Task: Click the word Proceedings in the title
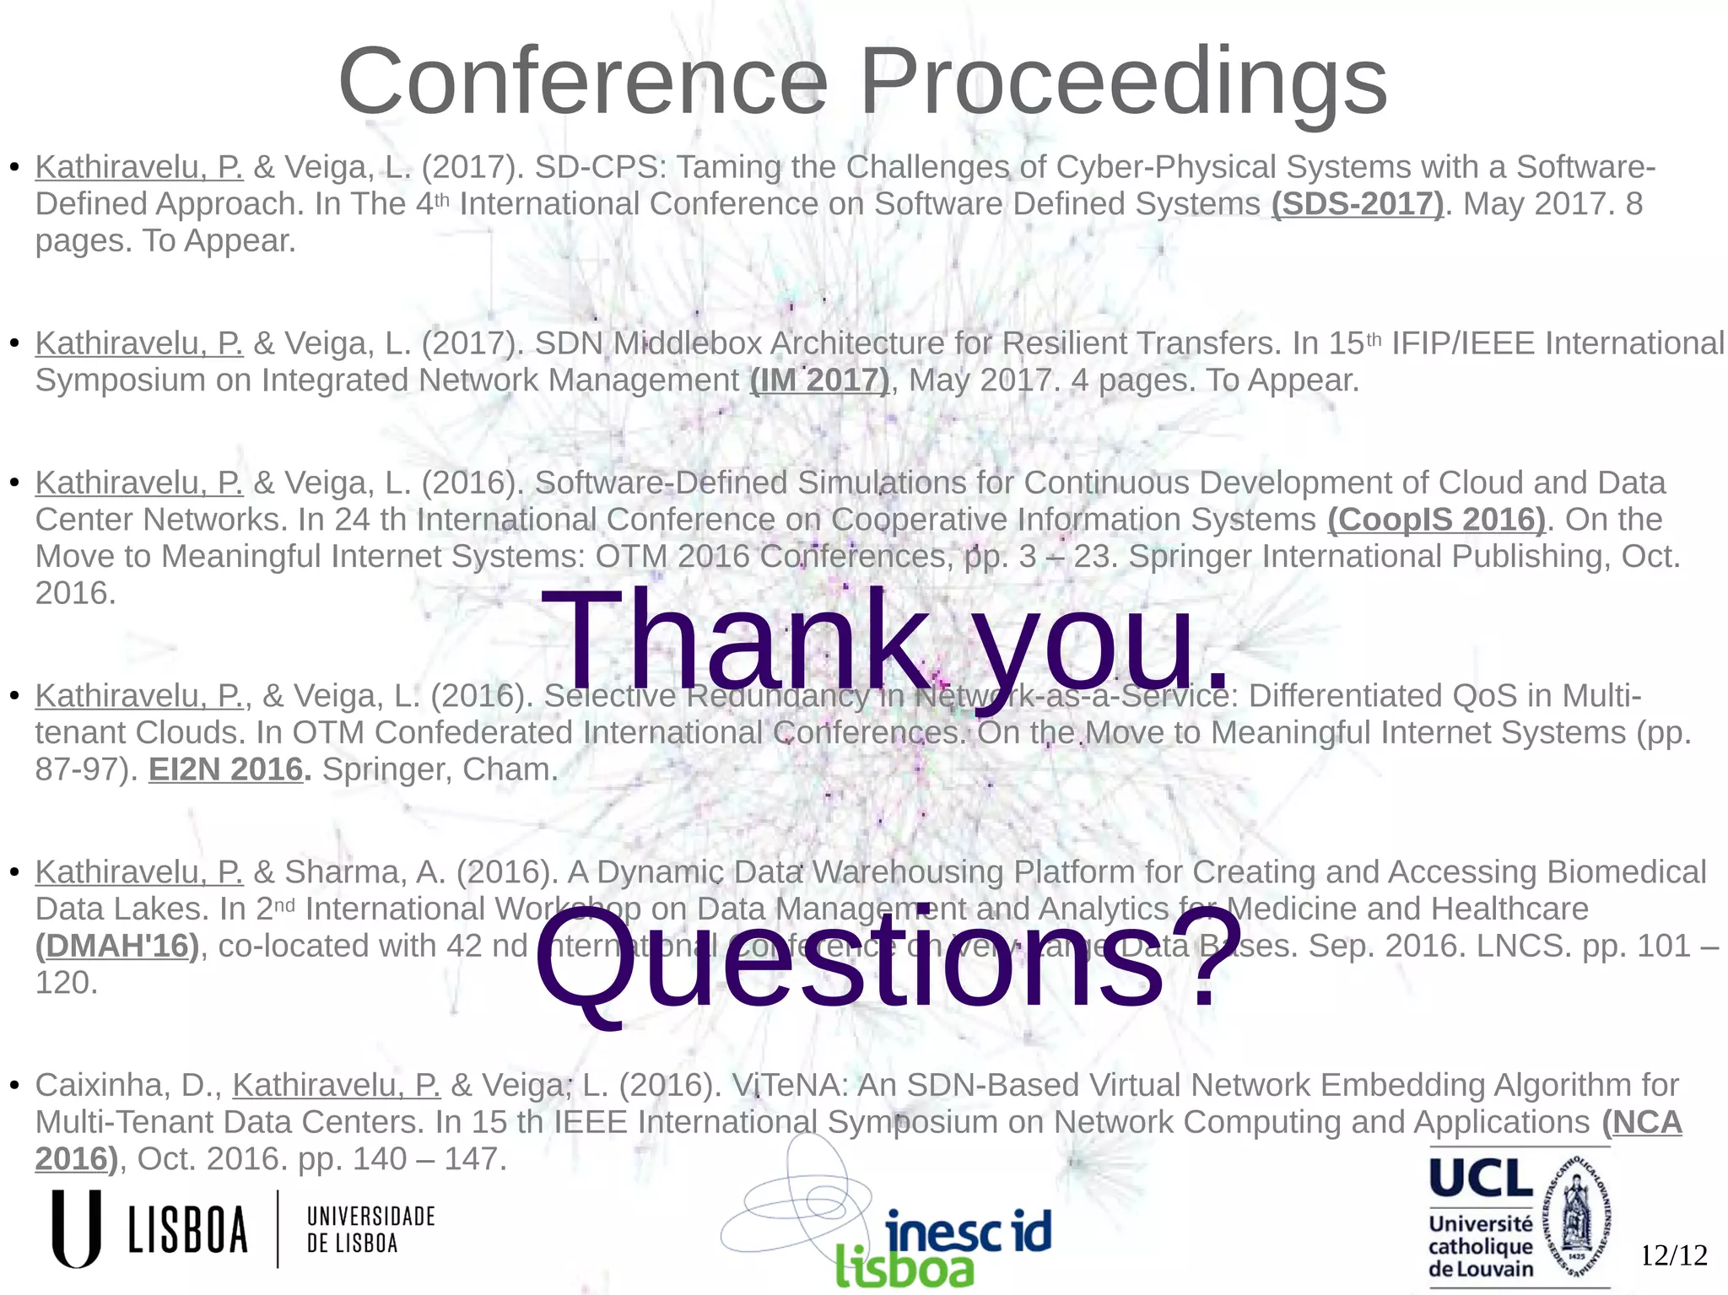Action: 1122,82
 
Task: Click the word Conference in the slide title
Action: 583,82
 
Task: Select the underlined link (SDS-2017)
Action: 1358,204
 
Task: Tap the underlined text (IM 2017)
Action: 819,380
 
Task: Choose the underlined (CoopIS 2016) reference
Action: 1436,520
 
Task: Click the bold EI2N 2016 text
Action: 226,769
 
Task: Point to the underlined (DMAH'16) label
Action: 117,946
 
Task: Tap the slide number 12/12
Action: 1673,1255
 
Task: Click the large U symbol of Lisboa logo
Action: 76,1228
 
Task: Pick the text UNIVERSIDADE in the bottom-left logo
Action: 370,1216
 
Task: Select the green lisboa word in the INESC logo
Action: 904,1268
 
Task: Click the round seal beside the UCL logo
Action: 1576,1215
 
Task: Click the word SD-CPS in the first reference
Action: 600,167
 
